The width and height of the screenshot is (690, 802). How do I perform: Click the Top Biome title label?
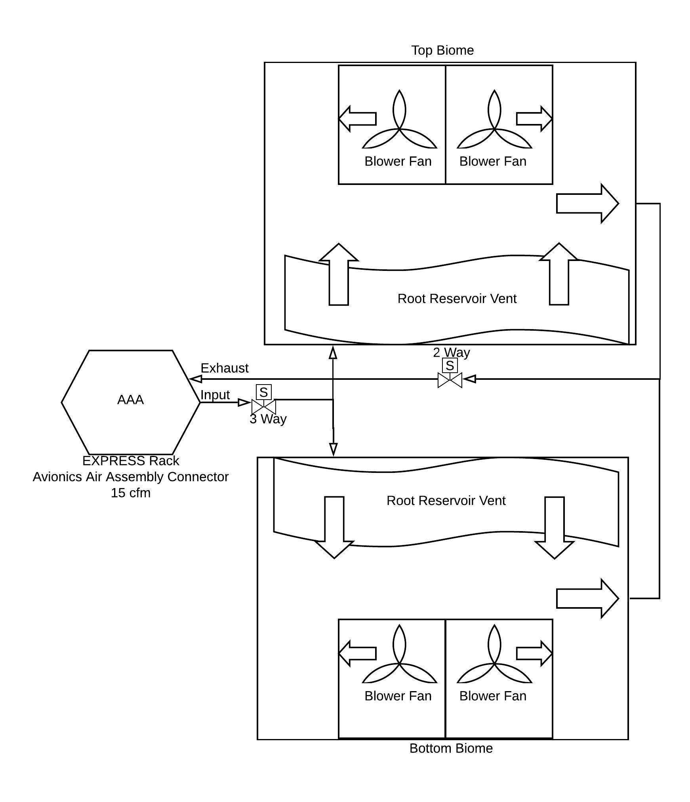click(442, 50)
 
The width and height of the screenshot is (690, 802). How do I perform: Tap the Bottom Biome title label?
click(451, 748)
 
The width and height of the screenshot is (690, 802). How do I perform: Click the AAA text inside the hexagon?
click(130, 400)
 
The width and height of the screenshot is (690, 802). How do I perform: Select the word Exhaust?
click(225, 368)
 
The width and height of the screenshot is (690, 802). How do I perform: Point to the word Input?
click(215, 394)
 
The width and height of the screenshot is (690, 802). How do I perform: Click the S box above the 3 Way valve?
click(264, 392)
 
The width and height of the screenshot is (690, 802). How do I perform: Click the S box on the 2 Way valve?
click(450, 365)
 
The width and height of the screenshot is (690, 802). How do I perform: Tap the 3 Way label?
click(268, 419)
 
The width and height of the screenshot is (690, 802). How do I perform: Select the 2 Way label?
click(452, 352)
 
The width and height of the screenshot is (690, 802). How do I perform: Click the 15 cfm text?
click(131, 493)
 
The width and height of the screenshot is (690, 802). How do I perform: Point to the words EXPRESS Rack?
click(131, 461)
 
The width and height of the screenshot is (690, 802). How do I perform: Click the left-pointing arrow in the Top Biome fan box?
click(357, 118)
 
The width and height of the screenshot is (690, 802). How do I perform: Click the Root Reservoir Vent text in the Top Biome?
click(457, 298)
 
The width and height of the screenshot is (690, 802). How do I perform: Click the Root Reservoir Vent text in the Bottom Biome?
click(446, 500)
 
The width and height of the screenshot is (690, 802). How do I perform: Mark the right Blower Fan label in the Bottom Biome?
click(493, 695)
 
